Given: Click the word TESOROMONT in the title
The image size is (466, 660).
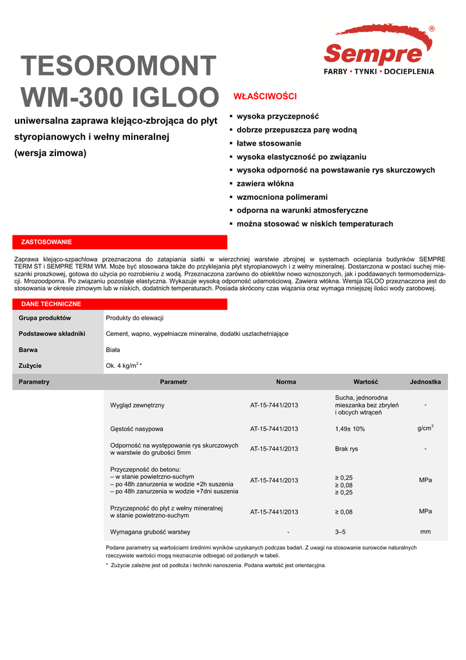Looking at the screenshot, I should coord(118,66).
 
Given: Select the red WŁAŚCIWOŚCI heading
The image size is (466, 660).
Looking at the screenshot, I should coord(265,97).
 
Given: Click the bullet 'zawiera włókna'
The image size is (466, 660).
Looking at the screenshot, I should coord(265,184).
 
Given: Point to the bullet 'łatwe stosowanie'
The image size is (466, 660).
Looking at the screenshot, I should coord(269,143).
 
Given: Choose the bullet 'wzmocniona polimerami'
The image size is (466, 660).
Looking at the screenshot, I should coord(282,197).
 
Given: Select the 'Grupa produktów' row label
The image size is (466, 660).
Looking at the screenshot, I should coord(44,318).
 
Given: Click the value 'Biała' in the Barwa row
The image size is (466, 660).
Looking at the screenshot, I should coord(113,349).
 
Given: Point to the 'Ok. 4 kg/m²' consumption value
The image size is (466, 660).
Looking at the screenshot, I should coord(123,365).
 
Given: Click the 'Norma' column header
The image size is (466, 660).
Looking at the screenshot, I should coord(286,382).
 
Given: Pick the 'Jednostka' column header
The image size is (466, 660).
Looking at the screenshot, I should coord(425,382).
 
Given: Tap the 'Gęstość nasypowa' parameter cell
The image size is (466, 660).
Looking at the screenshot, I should coord(136,429).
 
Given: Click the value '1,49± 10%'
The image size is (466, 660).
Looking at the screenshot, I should coord(349,429).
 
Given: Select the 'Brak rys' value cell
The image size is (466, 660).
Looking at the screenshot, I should coord(346,449).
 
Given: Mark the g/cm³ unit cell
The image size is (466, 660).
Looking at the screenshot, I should coord(425,427).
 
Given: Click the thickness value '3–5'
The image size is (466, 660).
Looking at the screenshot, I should coord(340,532).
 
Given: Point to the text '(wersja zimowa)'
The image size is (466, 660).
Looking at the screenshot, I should coord(50,153).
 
